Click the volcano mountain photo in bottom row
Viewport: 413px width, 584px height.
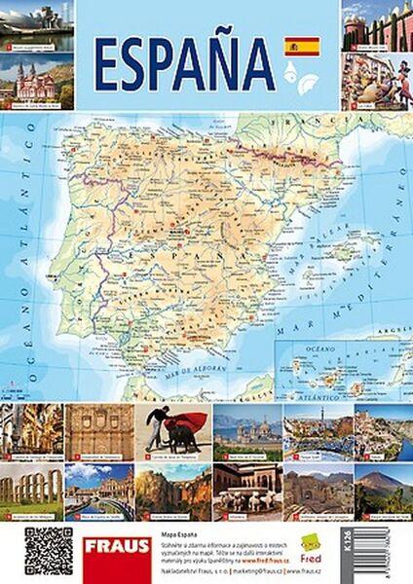[382, 489]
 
